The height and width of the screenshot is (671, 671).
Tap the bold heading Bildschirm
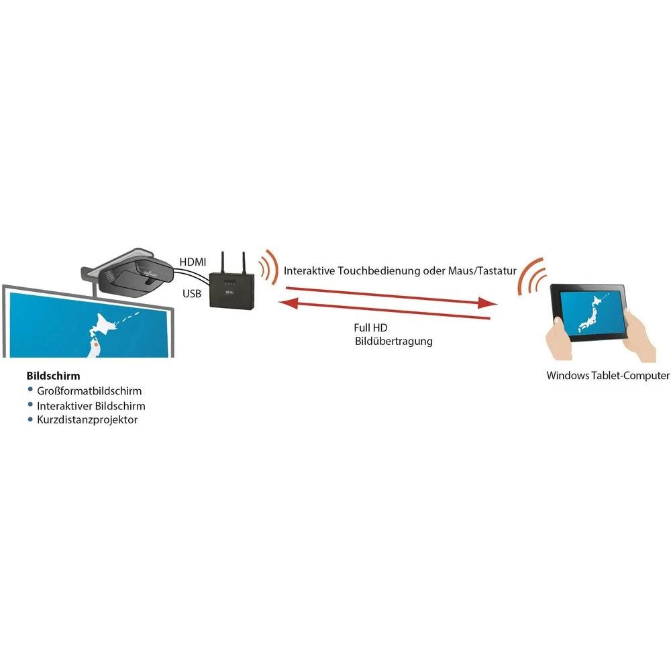(53, 376)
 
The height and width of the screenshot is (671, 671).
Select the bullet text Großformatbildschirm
(89, 391)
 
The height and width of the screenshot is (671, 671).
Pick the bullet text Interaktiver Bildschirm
(91, 406)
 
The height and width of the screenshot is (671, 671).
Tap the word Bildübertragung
(394, 342)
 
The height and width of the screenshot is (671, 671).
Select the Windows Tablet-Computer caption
(608, 376)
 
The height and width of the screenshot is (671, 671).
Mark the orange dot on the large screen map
(95, 346)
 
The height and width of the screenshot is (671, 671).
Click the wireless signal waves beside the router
(268, 267)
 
